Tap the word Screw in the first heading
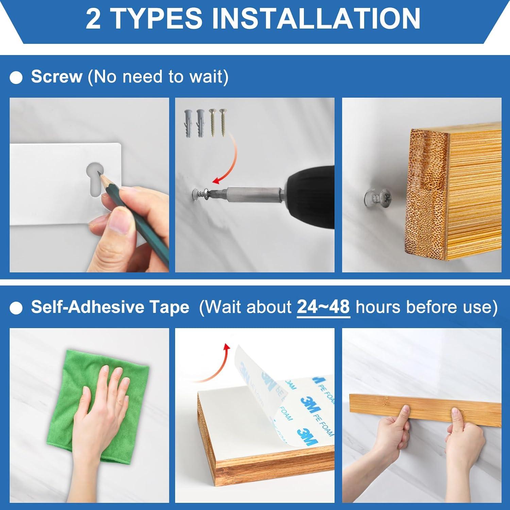coord(57,76)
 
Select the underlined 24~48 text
coord(323,307)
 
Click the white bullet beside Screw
coord(16,78)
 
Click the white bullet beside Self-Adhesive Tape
coord(16,308)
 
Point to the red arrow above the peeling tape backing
coord(213,364)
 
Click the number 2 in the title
coord(93,19)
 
